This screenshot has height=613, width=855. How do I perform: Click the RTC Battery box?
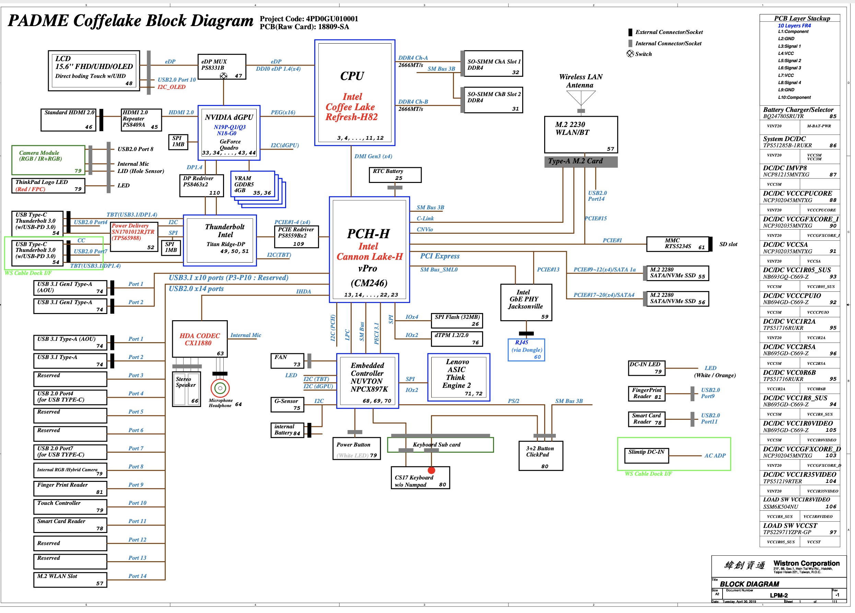pos(395,175)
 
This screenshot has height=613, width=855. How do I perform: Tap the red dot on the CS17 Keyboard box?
pos(431,470)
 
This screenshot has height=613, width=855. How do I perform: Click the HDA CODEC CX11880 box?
pos(199,339)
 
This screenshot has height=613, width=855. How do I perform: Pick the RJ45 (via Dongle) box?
pos(526,349)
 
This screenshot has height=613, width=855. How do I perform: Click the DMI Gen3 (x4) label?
pos(373,156)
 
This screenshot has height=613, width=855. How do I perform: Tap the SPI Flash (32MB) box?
pos(457,320)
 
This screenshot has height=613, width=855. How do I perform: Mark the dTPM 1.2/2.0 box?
pos(457,338)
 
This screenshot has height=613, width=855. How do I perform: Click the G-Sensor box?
pos(287,404)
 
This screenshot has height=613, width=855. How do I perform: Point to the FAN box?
pos(287,360)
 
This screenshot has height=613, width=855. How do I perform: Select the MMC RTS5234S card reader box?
pos(677,244)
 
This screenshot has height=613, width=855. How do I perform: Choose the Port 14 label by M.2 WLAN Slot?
pos(137,576)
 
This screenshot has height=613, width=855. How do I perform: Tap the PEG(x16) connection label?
pos(283,113)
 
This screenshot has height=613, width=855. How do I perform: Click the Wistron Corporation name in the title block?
pos(806,563)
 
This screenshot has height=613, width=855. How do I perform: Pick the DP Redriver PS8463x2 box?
pos(200,185)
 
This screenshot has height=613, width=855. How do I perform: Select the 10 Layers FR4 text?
pos(794,26)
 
